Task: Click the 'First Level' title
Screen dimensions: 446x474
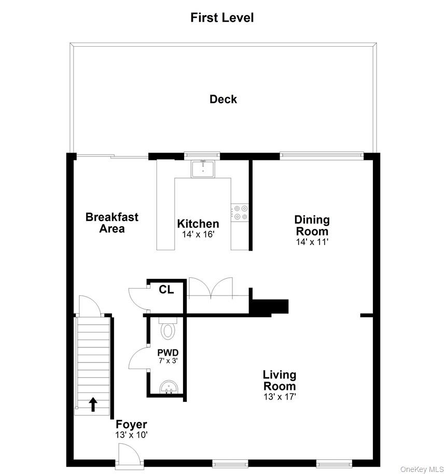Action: click(222, 18)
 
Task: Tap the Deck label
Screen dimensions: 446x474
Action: click(223, 99)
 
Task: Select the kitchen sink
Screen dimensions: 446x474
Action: click(203, 169)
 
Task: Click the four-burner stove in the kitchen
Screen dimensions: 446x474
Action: click(240, 212)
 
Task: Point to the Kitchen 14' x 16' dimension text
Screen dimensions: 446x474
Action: click(198, 234)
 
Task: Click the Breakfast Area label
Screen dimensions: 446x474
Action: click(112, 223)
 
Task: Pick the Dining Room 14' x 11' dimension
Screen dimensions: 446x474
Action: click(312, 242)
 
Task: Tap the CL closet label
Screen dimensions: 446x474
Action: click(166, 290)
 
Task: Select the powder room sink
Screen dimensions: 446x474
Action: click(169, 388)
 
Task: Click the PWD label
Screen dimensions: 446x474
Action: click(168, 353)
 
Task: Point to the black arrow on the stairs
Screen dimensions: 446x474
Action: click(93, 404)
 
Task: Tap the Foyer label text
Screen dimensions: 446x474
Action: click(131, 424)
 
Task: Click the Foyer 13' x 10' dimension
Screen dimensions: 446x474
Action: click(131, 435)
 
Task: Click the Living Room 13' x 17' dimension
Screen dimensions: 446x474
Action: click(280, 397)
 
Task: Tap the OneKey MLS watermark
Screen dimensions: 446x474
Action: click(422, 469)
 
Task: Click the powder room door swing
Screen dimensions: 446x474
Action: click(139, 358)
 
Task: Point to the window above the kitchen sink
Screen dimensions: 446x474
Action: click(202, 155)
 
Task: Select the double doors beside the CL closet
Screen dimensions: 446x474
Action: click(211, 288)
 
